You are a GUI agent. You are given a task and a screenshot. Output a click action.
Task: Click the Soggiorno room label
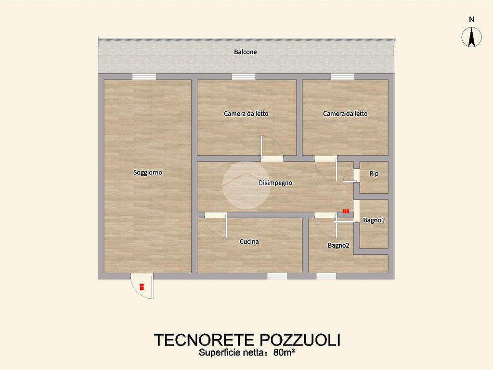(x=147, y=172)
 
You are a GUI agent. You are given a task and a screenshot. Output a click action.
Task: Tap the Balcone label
(x=245, y=52)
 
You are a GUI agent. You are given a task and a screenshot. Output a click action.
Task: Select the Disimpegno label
(x=275, y=183)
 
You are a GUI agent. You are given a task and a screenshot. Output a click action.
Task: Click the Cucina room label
(x=249, y=242)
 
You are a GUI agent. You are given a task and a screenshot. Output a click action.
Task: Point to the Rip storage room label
(x=374, y=173)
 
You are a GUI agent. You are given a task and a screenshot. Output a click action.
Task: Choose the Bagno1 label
(x=374, y=220)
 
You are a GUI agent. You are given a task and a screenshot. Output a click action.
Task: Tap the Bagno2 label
(x=338, y=245)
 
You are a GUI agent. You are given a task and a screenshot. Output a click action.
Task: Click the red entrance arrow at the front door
(x=142, y=287)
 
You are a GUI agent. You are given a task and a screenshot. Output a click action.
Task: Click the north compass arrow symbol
(x=471, y=37)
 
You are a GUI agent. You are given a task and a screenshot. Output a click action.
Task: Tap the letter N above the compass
(x=471, y=19)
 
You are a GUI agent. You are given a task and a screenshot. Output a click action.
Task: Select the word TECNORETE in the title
(x=204, y=340)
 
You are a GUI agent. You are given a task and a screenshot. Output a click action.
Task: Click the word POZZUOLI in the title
(x=300, y=340)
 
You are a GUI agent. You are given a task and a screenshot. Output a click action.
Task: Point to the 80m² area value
(x=284, y=353)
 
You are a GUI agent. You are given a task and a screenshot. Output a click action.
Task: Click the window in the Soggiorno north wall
(x=144, y=77)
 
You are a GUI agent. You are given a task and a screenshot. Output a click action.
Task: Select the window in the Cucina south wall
(x=277, y=276)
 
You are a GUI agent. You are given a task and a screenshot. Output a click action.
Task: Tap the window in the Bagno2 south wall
(x=326, y=276)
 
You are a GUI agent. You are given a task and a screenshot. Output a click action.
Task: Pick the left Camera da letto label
(x=246, y=114)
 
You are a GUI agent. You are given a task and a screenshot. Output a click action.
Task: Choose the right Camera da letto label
(x=345, y=114)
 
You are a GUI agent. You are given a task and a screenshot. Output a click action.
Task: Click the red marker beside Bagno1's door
(x=346, y=211)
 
